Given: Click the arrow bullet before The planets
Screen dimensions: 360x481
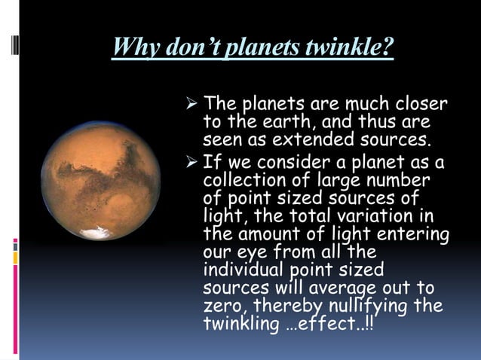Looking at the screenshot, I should [x=193, y=102].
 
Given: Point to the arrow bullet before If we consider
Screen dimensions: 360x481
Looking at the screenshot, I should [x=193, y=162].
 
